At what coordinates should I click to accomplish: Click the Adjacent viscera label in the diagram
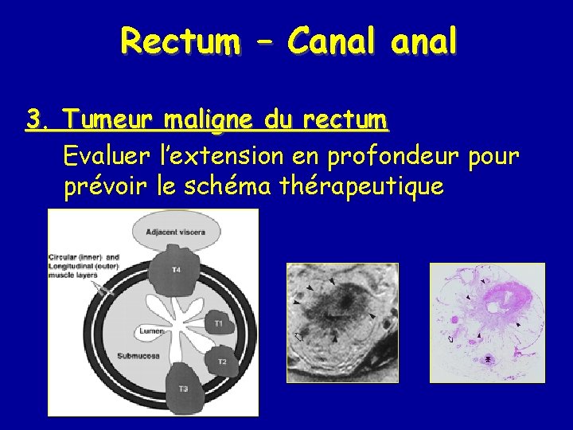[x=175, y=233]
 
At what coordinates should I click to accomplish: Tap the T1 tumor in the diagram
[x=216, y=322]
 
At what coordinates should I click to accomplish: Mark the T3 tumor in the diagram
[x=183, y=388]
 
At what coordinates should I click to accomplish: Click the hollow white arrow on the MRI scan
[x=299, y=337]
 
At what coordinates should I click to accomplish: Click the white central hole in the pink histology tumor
[x=493, y=306]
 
